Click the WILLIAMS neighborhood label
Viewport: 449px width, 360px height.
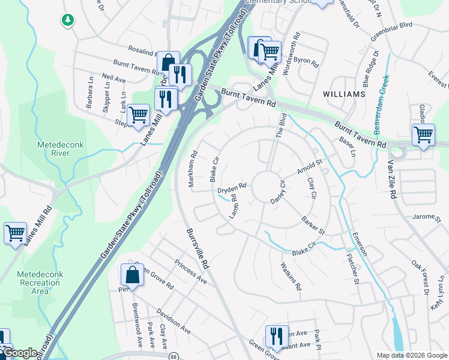coord(344,95)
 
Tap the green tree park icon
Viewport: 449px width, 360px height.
coord(68,20)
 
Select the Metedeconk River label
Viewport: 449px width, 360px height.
coord(62,149)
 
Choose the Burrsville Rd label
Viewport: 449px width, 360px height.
coord(197,247)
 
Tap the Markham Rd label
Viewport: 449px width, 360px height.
coord(193,169)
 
